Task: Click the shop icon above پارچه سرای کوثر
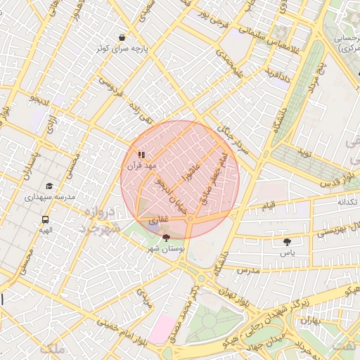point(123,37)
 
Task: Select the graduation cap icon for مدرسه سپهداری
point(49,186)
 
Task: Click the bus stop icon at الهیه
point(46,219)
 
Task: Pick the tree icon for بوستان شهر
point(165,238)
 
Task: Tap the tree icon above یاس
point(288,241)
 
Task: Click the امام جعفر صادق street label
point(214,179)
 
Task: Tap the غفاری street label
point(158,220)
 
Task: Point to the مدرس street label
point(247,270)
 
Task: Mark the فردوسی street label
point(110,91)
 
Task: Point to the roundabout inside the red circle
point(190,220)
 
